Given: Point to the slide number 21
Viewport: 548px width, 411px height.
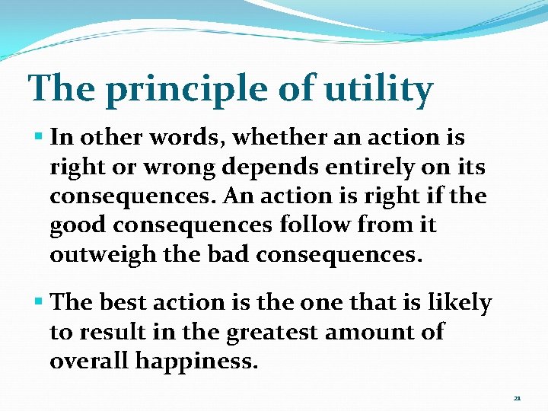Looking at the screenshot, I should click(x=517, y=397).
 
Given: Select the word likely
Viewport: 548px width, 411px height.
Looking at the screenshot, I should click(x=459, y=303).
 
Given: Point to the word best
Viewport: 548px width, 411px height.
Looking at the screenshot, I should click(x=123, y=303).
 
